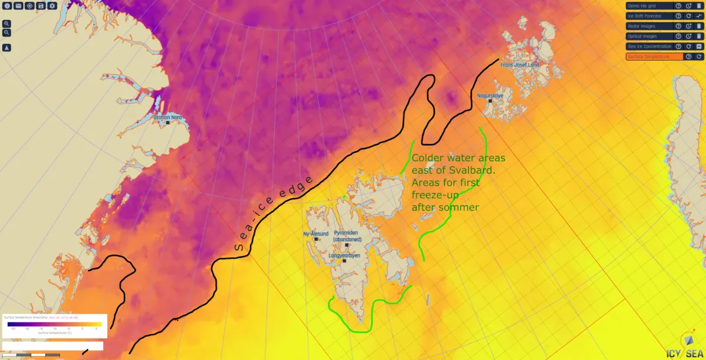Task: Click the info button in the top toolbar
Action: point(8,5)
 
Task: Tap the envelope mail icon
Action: point(18,5)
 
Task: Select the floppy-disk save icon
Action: point(41,5)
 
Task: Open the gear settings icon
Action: point(52,5)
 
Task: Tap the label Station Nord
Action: point(168,118)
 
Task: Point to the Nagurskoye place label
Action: point(490,95)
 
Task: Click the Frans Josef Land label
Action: point(519,65)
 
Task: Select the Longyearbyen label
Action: point(345,256)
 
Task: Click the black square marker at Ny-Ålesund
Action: point(316,239)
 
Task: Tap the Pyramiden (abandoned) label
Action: point(347,236)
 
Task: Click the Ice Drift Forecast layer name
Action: point(645,16)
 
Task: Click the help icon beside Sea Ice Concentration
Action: point(678,46)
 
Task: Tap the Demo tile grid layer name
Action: point(642,6)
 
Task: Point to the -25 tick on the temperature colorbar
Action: point(13,329)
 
